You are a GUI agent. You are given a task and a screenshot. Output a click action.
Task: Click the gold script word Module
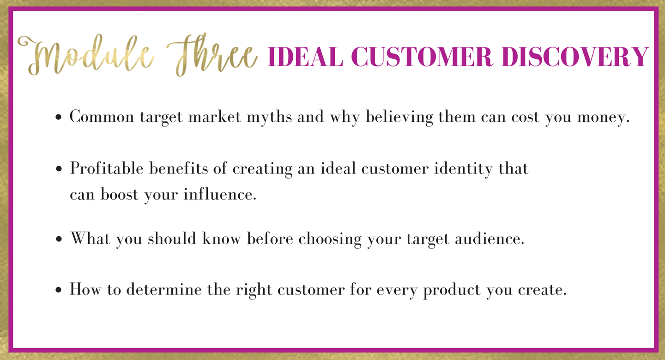tap(86, 55)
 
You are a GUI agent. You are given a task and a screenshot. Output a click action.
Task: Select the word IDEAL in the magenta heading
tap(306, 56)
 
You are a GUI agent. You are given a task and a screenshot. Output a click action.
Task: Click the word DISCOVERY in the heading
tap(575, 56)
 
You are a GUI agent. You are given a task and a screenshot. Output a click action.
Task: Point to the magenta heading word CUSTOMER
tap(422, 56)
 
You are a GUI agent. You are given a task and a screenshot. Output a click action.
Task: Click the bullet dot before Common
tap(59, 117)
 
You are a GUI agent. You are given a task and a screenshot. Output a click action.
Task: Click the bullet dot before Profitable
tap(59, 169)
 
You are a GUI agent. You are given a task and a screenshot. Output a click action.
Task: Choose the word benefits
tap(179, 168)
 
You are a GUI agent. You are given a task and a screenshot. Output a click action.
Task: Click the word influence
tap(220, 194)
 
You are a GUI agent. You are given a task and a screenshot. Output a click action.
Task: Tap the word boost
tap(119, 194)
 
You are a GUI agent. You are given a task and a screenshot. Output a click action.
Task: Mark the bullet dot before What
tap(59, 239)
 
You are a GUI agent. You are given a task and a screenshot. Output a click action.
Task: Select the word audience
tap(490, 239)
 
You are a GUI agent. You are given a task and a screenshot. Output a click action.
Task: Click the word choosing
tap(330, 239)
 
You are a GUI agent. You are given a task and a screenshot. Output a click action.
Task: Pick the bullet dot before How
tap(59, 290)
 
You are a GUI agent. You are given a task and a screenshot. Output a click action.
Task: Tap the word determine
tap(164, 290)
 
